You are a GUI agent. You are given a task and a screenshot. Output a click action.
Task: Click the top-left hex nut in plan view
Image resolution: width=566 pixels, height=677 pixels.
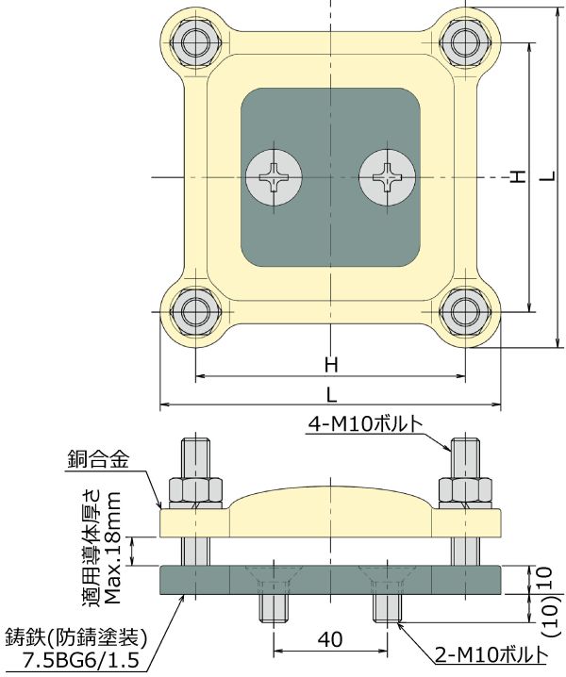click(195, 42)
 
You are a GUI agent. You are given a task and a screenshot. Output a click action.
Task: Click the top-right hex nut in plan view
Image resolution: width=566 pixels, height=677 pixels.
click(465, 42)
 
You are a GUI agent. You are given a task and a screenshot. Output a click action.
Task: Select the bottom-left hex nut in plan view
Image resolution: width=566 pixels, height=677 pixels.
click(195, 311)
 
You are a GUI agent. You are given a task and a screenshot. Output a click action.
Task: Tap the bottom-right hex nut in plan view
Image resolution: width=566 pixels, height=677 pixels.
click(465, 311)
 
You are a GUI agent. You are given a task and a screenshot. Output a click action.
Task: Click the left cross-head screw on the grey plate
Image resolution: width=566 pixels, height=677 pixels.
click(274, 177)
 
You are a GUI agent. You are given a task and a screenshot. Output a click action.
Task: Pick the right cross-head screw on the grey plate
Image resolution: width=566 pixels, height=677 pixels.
click(388, 177)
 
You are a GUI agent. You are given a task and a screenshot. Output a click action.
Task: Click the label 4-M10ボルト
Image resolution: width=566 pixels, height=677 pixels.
click(365, 425)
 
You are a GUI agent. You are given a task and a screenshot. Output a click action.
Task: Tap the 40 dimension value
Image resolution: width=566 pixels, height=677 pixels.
click(331, 638)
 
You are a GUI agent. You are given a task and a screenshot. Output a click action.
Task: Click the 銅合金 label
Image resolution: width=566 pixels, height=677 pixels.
click(98, 460)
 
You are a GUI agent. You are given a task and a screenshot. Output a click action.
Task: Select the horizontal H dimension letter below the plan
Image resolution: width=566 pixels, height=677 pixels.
click(331, 365)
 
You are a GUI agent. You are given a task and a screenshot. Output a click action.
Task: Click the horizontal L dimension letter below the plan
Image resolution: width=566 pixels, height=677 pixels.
click(331, 395)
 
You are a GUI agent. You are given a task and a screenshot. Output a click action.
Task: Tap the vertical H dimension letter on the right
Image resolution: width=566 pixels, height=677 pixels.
click(518, 176)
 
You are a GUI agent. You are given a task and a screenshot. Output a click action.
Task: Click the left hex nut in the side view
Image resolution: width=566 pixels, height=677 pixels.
click(197, 492)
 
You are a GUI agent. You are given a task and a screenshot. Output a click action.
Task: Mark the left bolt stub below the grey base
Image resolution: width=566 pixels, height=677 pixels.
click(274, 609)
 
